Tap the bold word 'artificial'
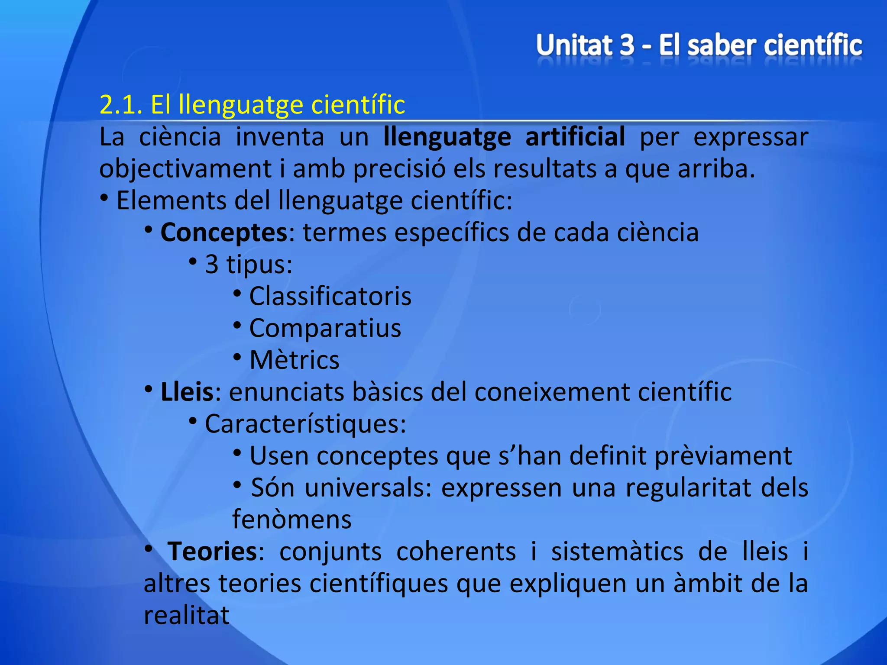575,137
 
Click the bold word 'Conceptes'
224,232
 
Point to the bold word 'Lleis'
187,392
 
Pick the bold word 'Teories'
212,552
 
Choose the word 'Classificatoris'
330,297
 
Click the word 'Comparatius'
325,328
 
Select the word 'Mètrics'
295,360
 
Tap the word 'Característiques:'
305,424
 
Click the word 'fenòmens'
292,520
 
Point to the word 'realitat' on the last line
186,615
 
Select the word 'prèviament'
723,456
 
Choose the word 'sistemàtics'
617,552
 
